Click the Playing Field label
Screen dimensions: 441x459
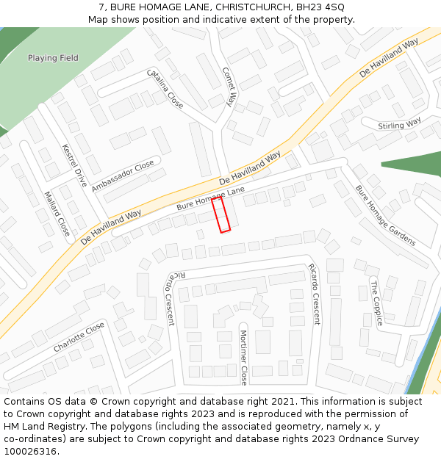point(53,58)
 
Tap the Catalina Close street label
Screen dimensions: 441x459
point(165,88)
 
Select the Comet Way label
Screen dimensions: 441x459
point(230,87)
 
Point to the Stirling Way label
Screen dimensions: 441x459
point(400,124)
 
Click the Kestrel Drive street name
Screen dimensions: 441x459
point(75,165)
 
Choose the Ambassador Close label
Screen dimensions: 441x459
point(123,176)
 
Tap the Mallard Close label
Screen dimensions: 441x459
point(57,214)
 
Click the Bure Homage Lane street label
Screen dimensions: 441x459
point(210,199)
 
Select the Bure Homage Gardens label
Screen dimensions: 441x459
point(385,215)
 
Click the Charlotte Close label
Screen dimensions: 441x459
point(79,337)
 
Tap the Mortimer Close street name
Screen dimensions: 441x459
point(244,358)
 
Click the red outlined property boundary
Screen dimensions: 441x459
point(221,214)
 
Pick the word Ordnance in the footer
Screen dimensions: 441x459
point(354,439)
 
